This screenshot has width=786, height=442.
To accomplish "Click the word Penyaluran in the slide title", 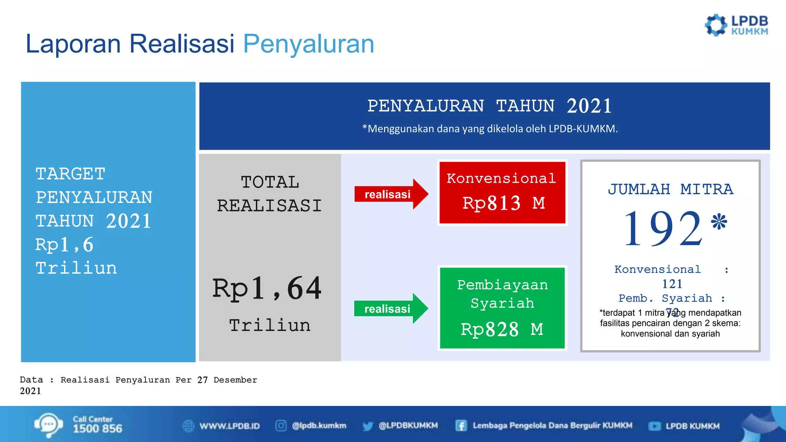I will click(309, 44).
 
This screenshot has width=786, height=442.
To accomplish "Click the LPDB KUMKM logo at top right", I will click(736, 26).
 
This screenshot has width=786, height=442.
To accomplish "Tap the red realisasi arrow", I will click(391, 194).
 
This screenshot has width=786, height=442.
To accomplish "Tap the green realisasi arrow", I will click(390, 308).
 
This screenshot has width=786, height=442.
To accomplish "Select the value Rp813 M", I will click(503, 203).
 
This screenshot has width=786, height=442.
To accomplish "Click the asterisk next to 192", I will click(718, 222).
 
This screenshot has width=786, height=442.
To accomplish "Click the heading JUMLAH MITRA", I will click(670, 189).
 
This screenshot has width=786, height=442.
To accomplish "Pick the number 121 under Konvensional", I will click(672, 284).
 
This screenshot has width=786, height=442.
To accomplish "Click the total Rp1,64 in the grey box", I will click(267, 289).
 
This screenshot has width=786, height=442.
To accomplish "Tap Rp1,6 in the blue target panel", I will click(64, 245).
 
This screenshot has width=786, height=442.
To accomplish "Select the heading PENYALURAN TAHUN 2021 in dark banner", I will click(489, 106).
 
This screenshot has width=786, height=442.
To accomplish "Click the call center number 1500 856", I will click(97, 429).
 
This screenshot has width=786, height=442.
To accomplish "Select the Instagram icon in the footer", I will click(281, 426).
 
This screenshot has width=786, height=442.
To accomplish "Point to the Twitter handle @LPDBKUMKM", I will click(408, 426).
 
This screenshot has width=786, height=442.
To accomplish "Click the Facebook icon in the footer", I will click(461, 426).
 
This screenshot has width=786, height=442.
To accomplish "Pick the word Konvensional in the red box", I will click(501, 178).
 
